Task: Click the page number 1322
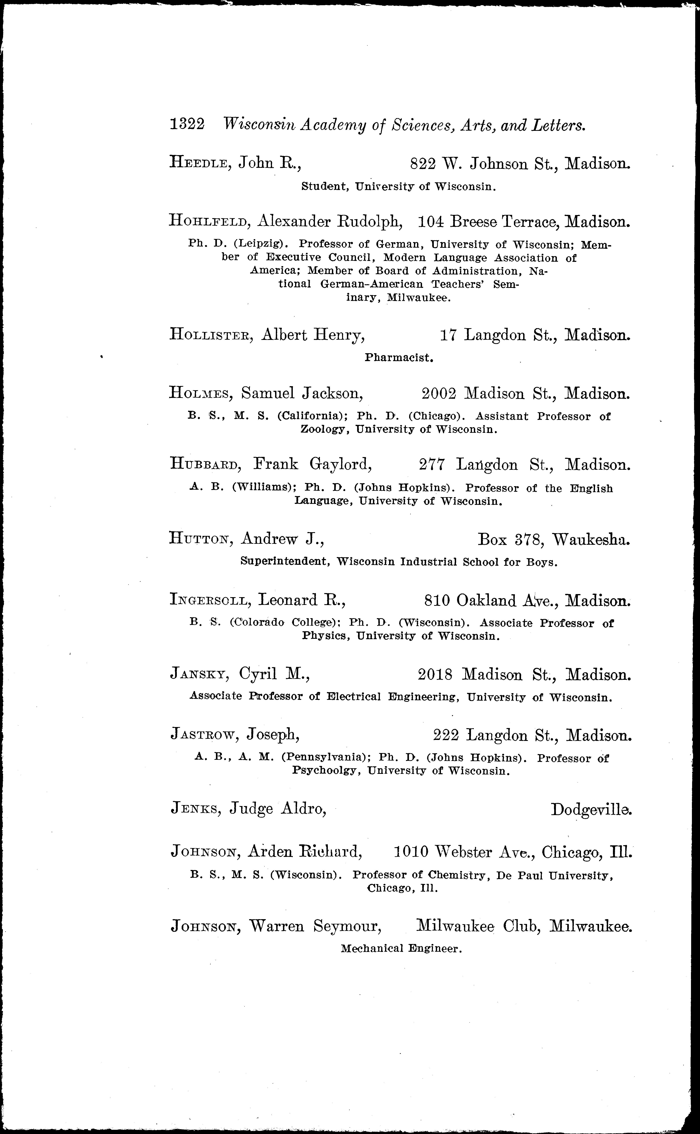(187, 125)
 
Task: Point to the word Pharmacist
(399, 357)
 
